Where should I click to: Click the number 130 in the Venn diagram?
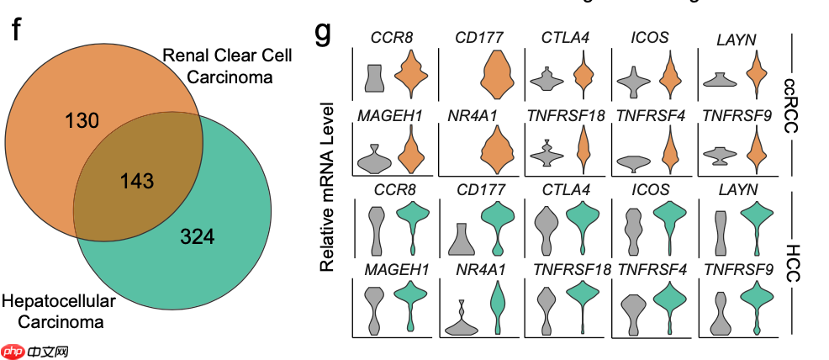(82, 121)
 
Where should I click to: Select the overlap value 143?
(136, 182)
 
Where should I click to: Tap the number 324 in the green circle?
(198, 236)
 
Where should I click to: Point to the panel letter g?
(323, 33)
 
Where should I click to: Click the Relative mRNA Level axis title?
(327, 187)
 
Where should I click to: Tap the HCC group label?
(789, 263)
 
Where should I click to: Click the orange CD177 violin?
(497, 74)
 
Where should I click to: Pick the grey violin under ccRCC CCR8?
(375, 77)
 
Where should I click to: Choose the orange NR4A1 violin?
(497, 150)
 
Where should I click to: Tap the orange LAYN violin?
(756, 74)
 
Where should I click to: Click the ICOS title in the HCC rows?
(650, 189)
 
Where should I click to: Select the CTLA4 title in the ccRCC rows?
(566, 38)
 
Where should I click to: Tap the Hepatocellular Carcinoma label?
(59, 311)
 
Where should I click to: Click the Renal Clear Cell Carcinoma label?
(227, 66)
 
